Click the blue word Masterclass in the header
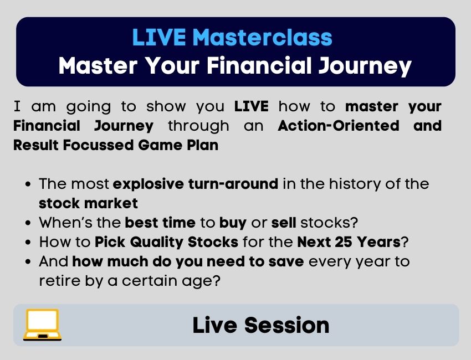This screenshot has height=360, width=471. tap(264, 37)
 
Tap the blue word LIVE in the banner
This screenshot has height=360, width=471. tap(159, 37)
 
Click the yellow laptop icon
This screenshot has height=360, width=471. tap(42, 325)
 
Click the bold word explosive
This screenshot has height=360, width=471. tap(149, 184)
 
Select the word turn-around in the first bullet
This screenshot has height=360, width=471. tap(233, 184)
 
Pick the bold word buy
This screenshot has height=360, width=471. tap(233, 223)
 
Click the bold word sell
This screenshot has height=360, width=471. tap(284, 223)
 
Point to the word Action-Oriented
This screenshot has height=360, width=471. tap(339, 126)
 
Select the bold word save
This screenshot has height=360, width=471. tap(286, 262)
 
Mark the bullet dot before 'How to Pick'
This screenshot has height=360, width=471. tap(28, 242)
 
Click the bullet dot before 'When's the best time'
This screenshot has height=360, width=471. tap(28, 223)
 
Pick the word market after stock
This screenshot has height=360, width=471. tap(111, 204)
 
